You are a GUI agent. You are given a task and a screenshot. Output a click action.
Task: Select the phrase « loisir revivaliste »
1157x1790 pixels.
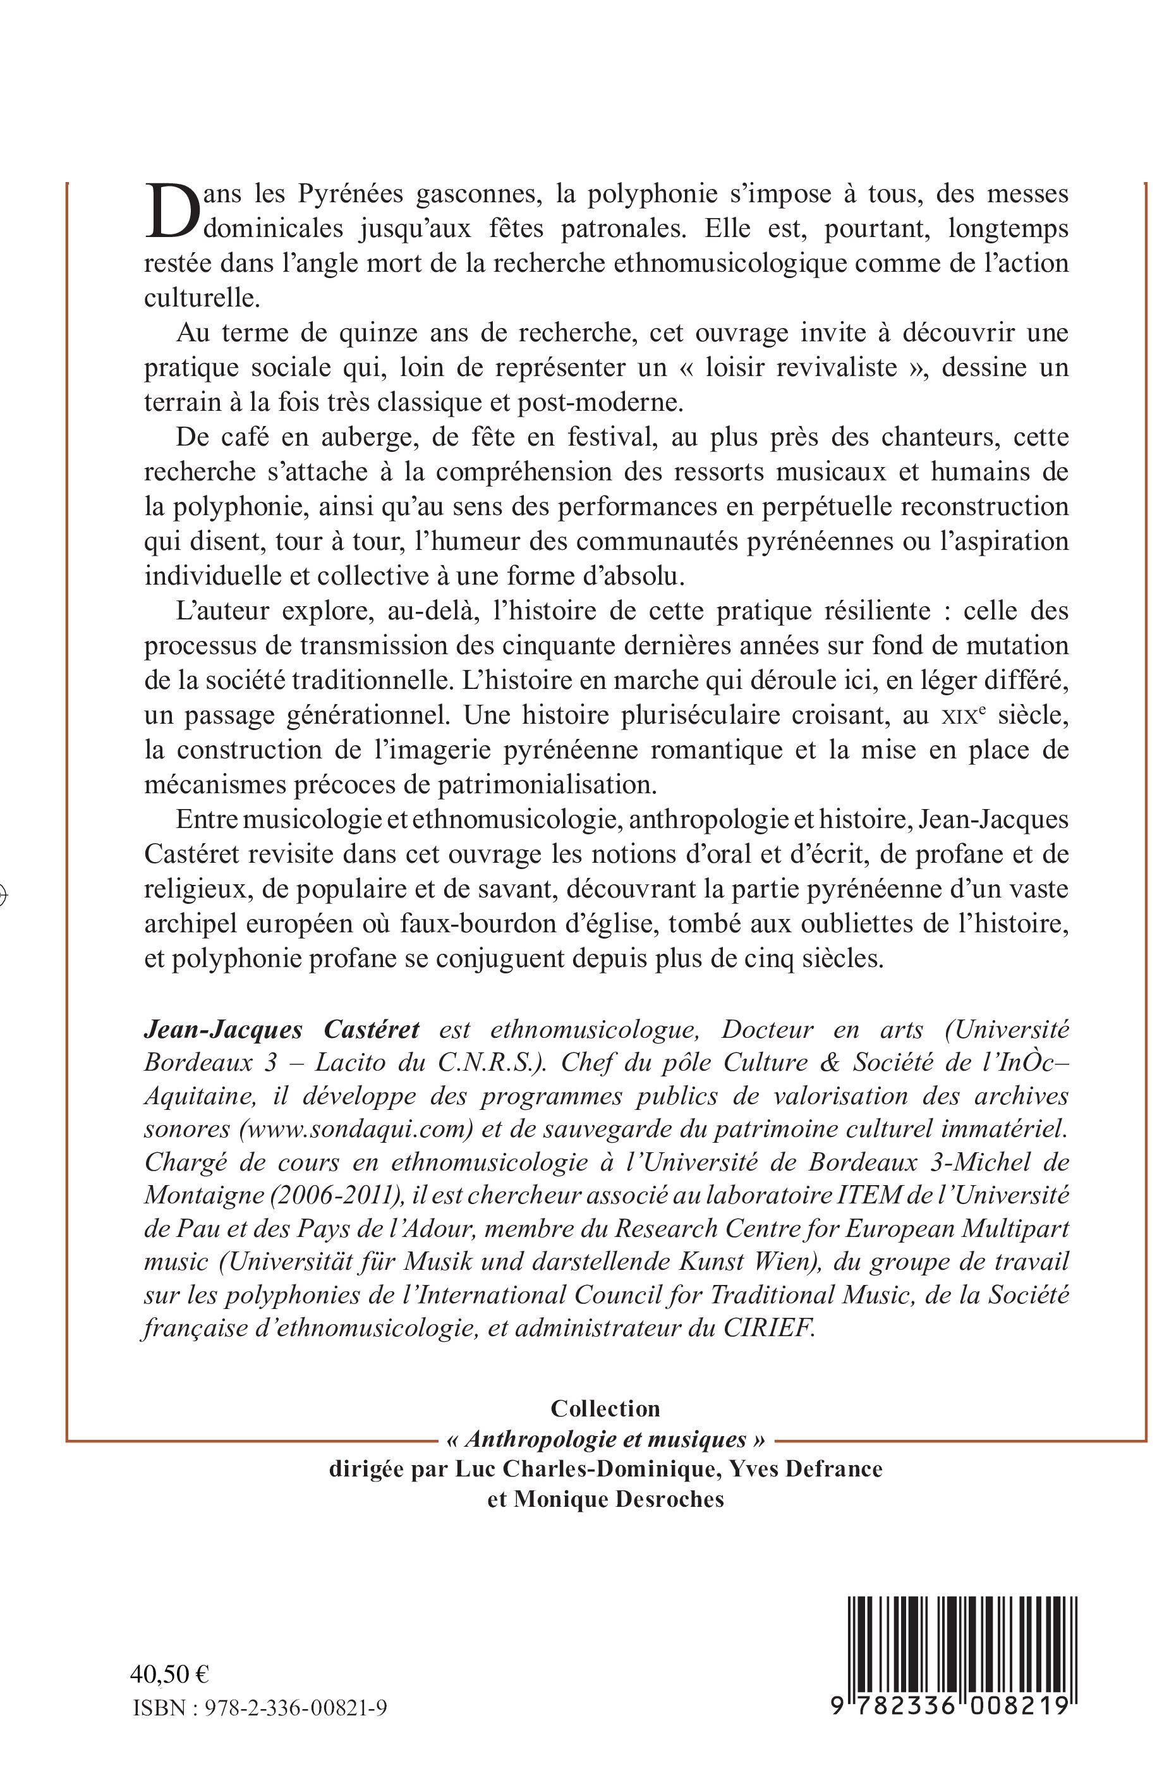(x=803, y=367)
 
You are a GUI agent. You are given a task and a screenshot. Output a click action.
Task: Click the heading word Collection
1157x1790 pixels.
(x=605, y=1408)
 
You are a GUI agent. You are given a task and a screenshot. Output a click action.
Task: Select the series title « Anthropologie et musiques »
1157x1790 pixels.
(x=605, y=1439)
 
